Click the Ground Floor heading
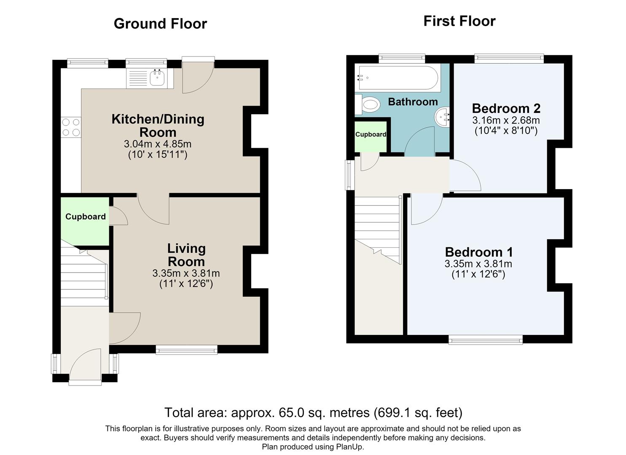point(160,24)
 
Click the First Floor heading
point(459,21)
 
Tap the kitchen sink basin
point(157,78)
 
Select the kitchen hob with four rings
point(71,127)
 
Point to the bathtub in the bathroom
point(398,78)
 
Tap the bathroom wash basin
point(442,117)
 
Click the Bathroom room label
point(413,102)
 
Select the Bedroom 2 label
point(506,108)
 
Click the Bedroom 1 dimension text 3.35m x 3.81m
point(478,264)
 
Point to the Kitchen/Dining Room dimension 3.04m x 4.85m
point(158,144)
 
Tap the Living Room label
point(186,255)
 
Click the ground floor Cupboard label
point(86,217)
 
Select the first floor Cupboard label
point(371,134)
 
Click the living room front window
point(186,349)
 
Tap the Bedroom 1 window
point(486,340)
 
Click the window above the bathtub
point(402,58)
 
